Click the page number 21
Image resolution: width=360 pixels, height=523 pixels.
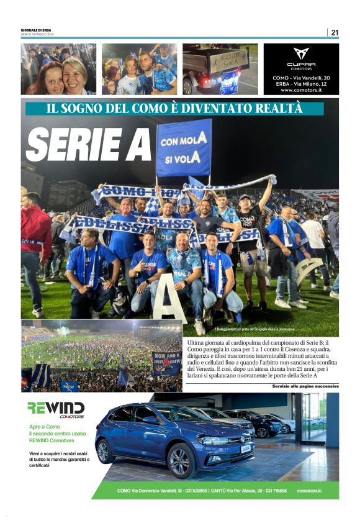pyautogui.click(x=335, y=32)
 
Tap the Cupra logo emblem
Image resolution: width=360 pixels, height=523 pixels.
pyautogui.click(x=301, y=54)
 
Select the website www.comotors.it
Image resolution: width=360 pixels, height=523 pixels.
pyautogui.click(x=301, y=89)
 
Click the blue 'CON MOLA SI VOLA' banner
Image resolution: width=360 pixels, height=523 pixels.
pyautogui.click(x=184, y=148)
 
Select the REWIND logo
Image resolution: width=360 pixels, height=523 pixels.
pyautogui.click(x=56, y=408)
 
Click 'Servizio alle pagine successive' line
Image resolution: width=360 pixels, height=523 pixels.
pyautogui.click(x=305, y=386)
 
